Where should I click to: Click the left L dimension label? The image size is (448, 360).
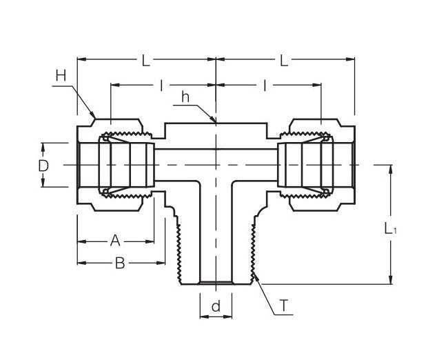click(145, 61)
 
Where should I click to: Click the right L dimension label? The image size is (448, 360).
click(284, 61)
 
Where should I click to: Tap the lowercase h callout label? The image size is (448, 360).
click(185, 97)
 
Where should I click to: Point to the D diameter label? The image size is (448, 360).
click(43, 166)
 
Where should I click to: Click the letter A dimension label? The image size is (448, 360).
click(115, 240)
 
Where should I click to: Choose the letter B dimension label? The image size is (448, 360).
click(119, 263)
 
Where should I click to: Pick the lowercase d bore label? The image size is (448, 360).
click(216, 307)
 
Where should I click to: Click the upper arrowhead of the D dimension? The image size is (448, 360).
click(43, 146)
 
